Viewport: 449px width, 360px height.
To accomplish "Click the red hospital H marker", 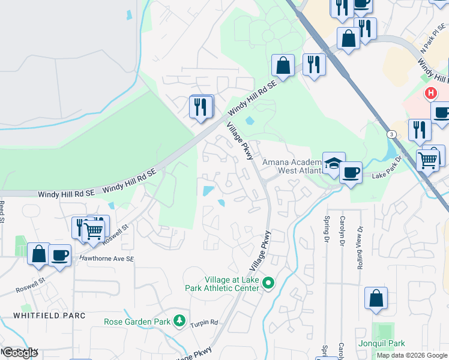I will coord(430,93).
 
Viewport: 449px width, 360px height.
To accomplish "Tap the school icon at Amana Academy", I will coord(333,163).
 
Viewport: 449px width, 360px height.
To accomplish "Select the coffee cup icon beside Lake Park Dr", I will coord(351,172).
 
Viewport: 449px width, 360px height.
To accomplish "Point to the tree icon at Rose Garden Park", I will coord(179,322).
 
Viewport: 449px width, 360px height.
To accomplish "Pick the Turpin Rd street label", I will coord(205,323).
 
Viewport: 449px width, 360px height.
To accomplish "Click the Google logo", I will coord(20,353).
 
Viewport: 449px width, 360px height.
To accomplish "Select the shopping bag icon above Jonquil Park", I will coord(376,298).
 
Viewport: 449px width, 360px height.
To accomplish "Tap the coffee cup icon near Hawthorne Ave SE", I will coord(59,254).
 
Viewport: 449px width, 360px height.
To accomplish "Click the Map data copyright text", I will coord(412,355).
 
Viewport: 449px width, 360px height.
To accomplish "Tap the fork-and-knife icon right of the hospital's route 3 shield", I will coord(419,130).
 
